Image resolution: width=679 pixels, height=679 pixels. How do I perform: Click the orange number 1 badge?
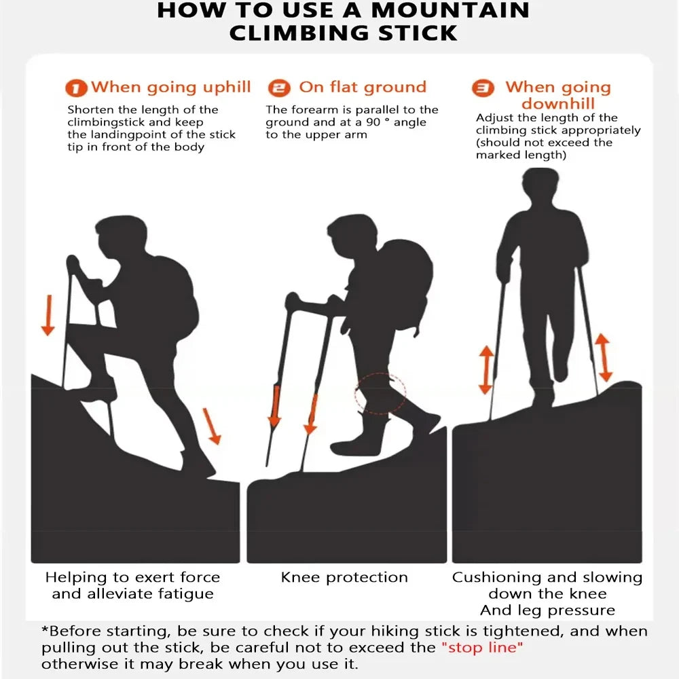coord(77,88)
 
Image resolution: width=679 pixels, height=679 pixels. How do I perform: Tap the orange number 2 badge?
coord(278,88)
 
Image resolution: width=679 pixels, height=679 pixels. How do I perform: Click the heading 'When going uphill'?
coord(171,87)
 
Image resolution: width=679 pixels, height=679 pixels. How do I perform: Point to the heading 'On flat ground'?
coord(363,87)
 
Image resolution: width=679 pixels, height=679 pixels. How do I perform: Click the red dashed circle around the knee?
coord(380,393)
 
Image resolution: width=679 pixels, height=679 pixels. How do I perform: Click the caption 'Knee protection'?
coord(344,578)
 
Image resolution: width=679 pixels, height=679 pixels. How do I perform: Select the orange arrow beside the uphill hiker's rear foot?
coord(213,426)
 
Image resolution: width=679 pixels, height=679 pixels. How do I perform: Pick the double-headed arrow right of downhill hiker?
coord(603,357)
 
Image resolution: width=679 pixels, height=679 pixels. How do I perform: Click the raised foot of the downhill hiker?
coord(560,370)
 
